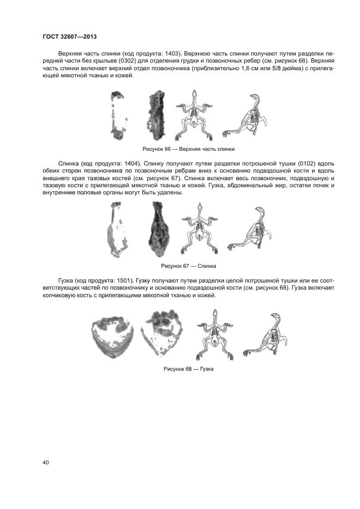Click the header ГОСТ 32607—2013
point(70,36)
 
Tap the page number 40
point(45,463)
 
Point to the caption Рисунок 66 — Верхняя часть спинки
point(188,149)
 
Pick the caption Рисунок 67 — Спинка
point(188,266)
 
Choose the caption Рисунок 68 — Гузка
point(188,369)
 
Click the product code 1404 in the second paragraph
point(133,163)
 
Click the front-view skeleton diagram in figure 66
point(194,115)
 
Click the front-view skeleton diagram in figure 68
point(215,335)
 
